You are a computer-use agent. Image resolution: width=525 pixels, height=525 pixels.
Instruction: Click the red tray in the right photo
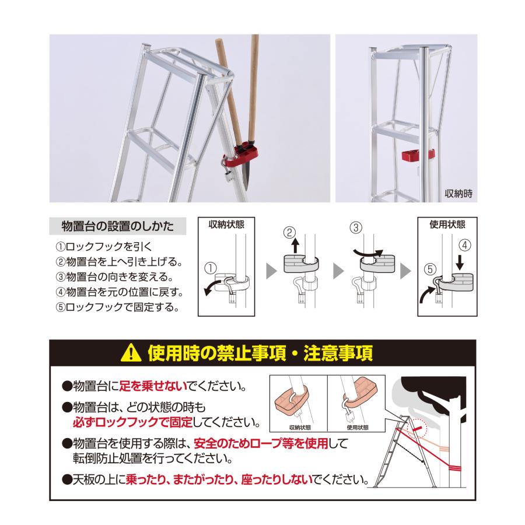pyautogui.click(x=418, y=156)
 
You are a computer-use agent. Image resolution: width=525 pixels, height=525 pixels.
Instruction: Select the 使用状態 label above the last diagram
pyautogui.click(x=447, y=225)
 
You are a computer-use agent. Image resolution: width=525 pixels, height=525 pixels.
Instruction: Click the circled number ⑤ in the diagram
pyautogui.click(x=429, y=270)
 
